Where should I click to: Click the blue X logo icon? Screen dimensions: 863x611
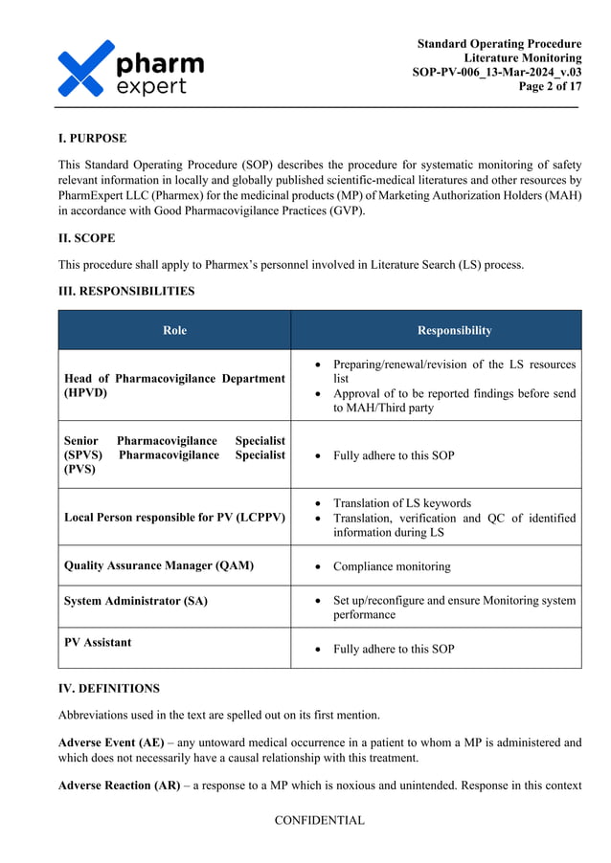click(x=85, y=69)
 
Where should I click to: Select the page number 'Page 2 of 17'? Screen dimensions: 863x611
click(x=550, y=86)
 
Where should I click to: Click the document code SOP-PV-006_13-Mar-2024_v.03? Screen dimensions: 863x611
click(x=496, y=72)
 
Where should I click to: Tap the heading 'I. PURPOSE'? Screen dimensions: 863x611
click(x=92, y=139)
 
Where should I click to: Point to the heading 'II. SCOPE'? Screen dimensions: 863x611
click(x=87, y=238)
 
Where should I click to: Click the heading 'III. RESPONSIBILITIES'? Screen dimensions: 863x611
click(x=126, y=291)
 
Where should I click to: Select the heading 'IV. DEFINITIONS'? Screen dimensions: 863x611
click(x=109, y=688)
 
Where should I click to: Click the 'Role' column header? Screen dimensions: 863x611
click(x=174, y=331)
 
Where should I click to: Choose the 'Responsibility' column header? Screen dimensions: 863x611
click(x=454, y=331)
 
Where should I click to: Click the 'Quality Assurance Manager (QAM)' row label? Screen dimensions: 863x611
click(x=159, y=565)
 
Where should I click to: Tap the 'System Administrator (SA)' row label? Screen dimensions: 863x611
click(x=136, y=601)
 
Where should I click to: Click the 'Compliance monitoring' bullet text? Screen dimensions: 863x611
click(x=391, y=566)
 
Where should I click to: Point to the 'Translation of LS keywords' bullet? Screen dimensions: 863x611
click(x=401, y=503)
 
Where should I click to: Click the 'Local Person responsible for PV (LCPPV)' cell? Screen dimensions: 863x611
click(x=174, y=518)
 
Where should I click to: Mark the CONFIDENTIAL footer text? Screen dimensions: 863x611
click(x=319, y=820)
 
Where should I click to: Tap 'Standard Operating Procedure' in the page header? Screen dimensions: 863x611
click(x=499, y=44)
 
